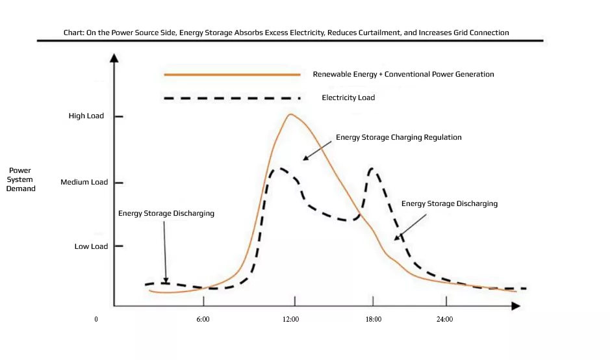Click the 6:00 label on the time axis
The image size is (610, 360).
click(203, 320)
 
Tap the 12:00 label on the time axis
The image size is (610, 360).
click(290, 320)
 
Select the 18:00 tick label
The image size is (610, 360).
click(374, 320)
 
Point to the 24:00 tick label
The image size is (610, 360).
click(444, 320)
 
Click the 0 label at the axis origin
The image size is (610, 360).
click(96, 320)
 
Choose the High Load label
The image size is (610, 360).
click(86, 116)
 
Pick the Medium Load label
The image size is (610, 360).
click(84, 183)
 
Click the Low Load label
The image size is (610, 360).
click(91, 247)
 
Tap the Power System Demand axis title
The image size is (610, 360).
click(21, 179)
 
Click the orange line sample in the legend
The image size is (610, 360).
click(232, 75)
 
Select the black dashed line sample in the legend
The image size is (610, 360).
click(232, 98)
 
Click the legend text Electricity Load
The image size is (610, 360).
click(348, 98)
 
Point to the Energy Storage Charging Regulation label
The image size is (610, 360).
click(398, 138)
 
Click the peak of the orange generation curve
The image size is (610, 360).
click(290, 115)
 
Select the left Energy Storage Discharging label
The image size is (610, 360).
click(166, 213)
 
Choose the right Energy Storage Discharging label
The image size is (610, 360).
click(449, 204)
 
